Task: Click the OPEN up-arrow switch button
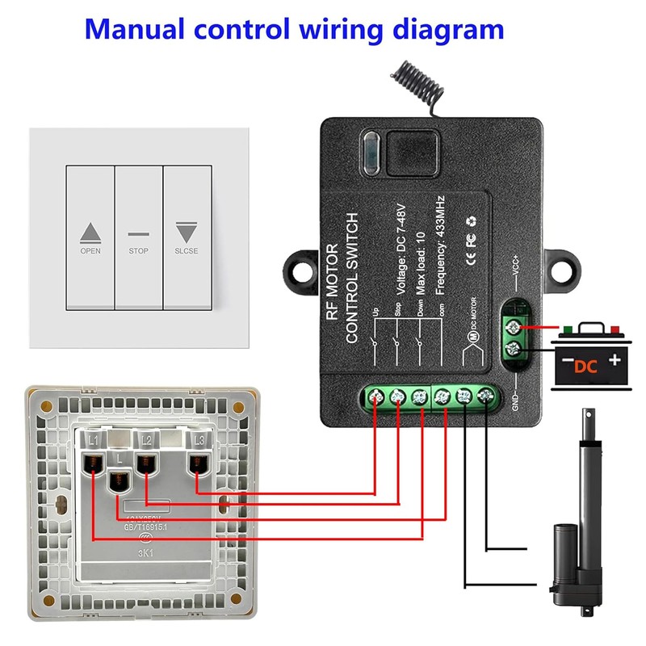(90, 238)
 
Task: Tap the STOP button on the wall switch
(138, 238)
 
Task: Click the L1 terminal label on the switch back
(94, 439)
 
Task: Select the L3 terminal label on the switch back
(199, 439)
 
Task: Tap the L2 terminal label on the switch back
(147, 439)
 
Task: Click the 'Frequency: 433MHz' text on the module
(441, 243)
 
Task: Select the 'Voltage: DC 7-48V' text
(402, 243)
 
